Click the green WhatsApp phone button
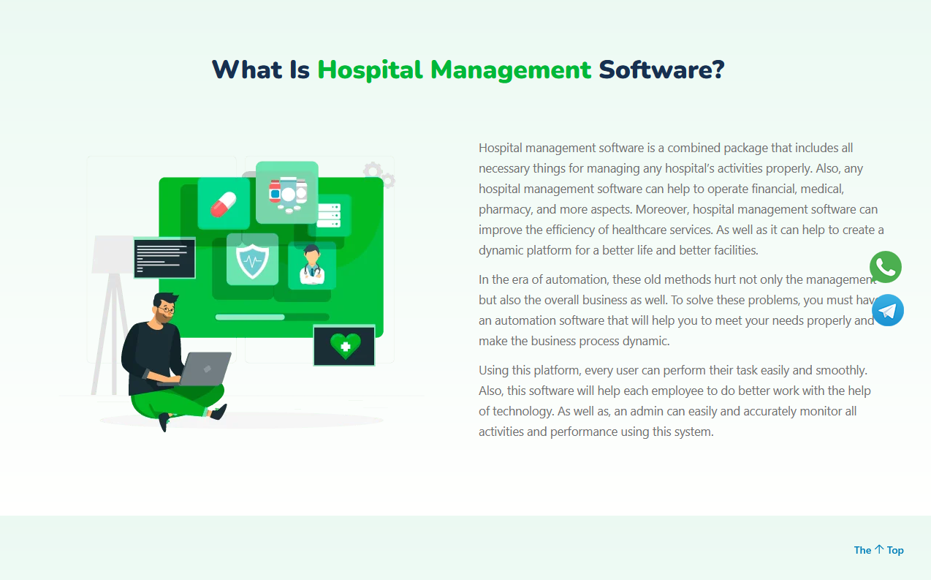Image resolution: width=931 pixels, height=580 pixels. pyautogui.click(x=885, y=267)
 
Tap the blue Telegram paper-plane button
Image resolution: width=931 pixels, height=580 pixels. pyautogui.click(x=888, y=310)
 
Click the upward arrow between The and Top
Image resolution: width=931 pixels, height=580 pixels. pyautogui.click(x=878, y=549)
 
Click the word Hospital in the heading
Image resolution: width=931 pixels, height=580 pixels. pyautogui.click(x=370, y=69)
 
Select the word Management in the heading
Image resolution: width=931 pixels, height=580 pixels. pyautogui.click(x=511, y=69)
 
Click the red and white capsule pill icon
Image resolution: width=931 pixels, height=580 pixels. pyautogui.click(x=223, y=204)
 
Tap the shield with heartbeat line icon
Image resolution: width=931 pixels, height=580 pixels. pyautogui.click(x=252, y=261)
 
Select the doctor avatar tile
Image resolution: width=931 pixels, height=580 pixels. pyautogui.click(x=312, y=265)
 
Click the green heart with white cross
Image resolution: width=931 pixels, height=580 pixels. pyautogui.click(x=346, y=345)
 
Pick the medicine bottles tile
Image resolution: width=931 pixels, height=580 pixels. pyautogui.click(x=287, y=192)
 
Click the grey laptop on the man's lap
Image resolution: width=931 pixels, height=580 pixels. pyautogui.click(x=206, y=369)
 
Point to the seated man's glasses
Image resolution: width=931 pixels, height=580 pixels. pyautogui.click(x=167, y=309)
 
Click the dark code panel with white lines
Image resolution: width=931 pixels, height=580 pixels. pyautogui.click(x=164, y=258)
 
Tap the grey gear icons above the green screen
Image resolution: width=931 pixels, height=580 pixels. pyautogui.click(x=379, y=175)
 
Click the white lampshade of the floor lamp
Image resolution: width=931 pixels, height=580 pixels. pyautogui.click(x=113, y=255)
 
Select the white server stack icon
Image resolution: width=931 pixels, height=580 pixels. pyautogui.click(x=329, y=216)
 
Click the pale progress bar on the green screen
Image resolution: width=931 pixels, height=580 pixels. pyautogui.click(x=250, y=317)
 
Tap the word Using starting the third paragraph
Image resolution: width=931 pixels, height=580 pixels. pyautogui.click(x=493, y=370)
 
